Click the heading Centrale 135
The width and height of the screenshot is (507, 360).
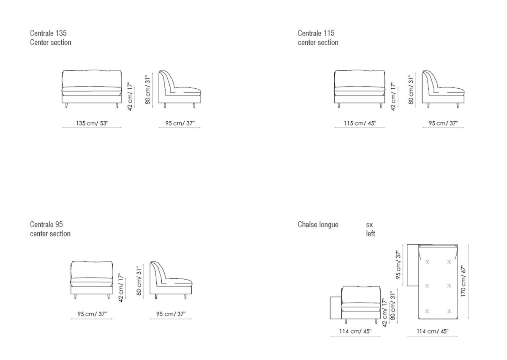pos(48,33)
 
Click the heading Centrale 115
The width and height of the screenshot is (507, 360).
pos(316,33)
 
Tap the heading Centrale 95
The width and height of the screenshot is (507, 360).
pos(46,224)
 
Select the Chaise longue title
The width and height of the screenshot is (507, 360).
pos(318,225)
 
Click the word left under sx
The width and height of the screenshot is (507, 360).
pos(371,233)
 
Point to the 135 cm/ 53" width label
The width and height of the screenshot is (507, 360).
pos(92,123)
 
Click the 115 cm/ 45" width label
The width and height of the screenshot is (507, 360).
pos(360,123)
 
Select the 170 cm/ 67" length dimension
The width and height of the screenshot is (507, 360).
pos(463,281)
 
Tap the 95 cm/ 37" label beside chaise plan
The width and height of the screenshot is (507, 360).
pos(398,265)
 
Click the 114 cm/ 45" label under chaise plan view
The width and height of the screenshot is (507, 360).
pos(433,331)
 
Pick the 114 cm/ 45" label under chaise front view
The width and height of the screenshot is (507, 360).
pos(355,331)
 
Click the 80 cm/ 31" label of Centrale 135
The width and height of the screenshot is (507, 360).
pos(147,90)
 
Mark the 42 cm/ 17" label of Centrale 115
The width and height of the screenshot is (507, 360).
pos(393,96)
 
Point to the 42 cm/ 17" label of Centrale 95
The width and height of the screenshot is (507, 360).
pos(121,288)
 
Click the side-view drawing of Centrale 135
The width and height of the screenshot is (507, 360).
pos(180,89)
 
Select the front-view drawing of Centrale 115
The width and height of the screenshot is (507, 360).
pos(360,89)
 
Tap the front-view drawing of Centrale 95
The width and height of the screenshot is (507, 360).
pos(92,280)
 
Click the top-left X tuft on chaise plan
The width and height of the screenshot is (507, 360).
pos(427,262)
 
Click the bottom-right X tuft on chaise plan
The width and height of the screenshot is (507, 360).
pos(449,311)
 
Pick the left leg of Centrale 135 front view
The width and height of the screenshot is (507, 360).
pos(66,105)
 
